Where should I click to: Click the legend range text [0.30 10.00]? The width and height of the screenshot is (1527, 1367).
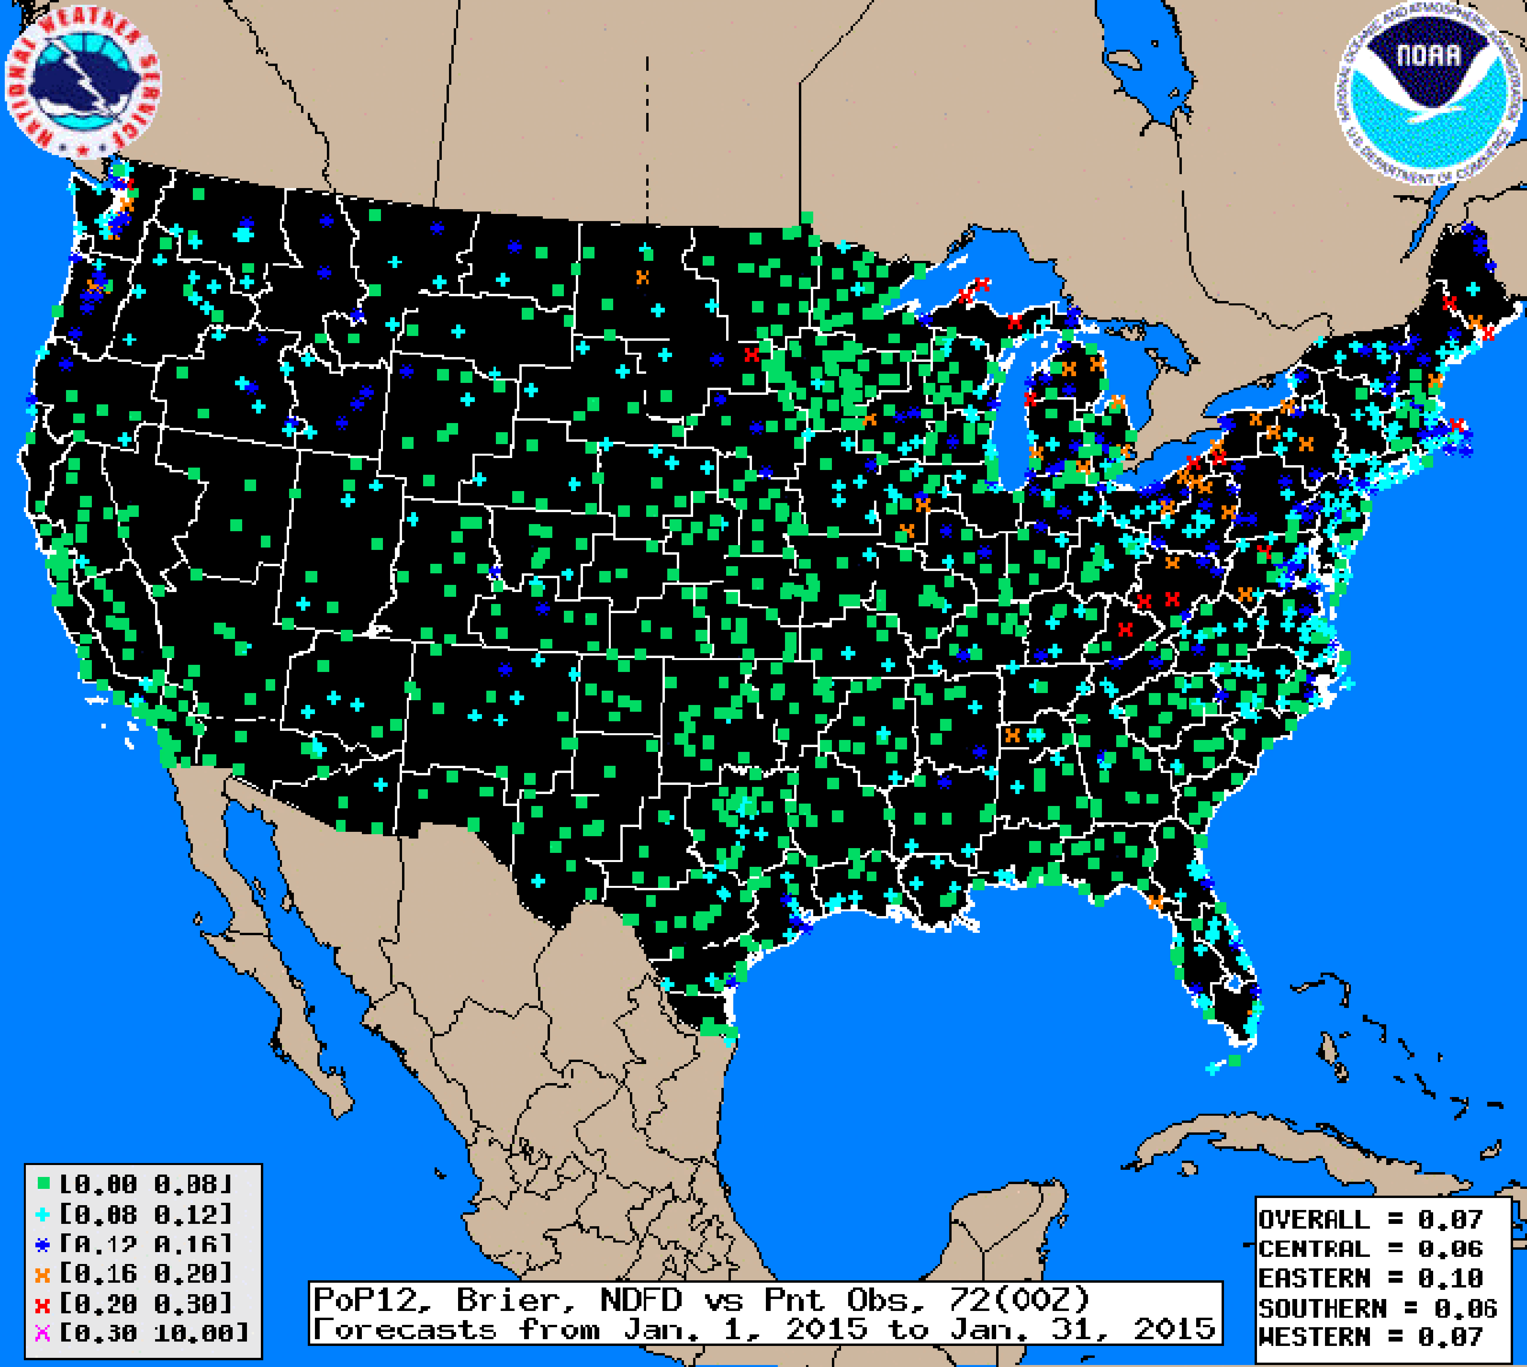(x=154, y=1333)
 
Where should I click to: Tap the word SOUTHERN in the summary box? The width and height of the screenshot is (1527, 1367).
(x=1322, y=1308)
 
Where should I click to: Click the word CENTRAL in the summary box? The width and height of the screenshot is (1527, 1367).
(x=1314, y=1249)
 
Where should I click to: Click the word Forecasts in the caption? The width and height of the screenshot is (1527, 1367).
(x=404, y=1330)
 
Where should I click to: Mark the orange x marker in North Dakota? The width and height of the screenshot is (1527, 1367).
(x=642, y=277)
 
